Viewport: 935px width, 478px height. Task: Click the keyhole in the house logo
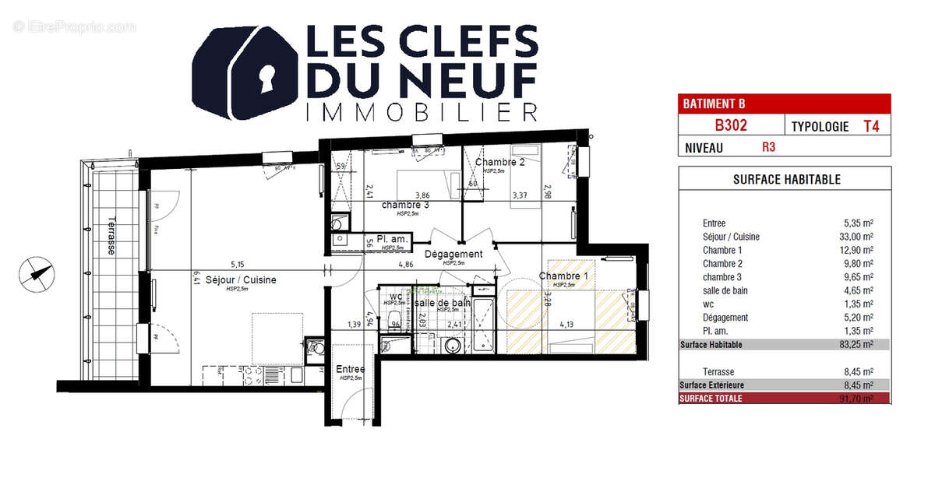[x=267, y=77]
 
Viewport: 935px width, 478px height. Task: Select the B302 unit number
[x=732, y=125]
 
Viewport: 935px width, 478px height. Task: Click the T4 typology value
[x=871, y=125]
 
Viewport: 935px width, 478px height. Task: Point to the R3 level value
[x=769, y=146]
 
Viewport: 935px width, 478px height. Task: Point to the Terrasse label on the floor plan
[x=111, y=235]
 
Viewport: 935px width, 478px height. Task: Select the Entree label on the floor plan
[x=350, y=369]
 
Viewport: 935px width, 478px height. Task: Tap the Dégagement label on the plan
[x=453, y=254]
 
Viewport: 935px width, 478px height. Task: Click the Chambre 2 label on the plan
[x=500, y=162]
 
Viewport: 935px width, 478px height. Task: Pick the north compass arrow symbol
[x=37, y=273]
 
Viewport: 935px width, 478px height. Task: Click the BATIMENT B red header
[x=784, y=104]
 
